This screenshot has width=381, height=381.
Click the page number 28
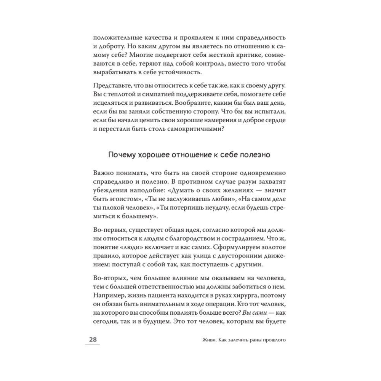[x=93, y=339]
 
